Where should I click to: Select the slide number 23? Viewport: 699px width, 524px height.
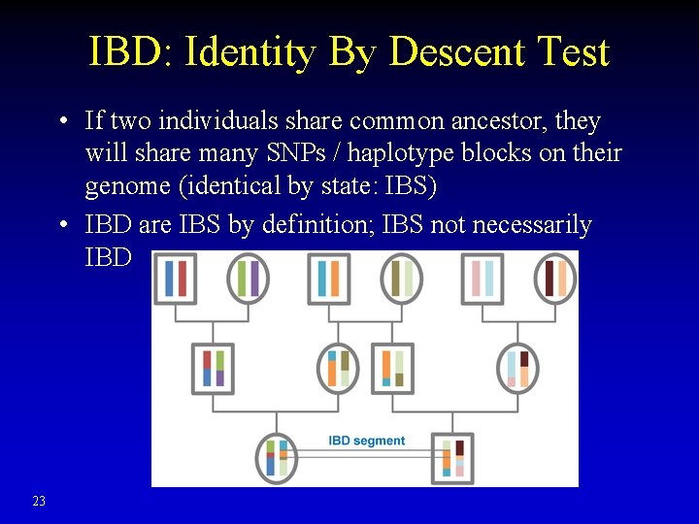39,501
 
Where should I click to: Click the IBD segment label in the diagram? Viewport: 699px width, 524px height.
366,441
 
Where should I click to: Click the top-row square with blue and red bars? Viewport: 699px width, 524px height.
176,278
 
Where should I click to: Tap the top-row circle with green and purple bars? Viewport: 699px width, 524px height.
249,278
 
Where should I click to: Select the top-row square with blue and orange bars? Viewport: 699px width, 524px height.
327,278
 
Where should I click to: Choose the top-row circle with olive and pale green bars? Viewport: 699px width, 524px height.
401,278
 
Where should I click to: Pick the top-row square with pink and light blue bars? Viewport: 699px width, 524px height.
483,278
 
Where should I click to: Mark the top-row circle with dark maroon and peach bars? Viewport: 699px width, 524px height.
555,278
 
